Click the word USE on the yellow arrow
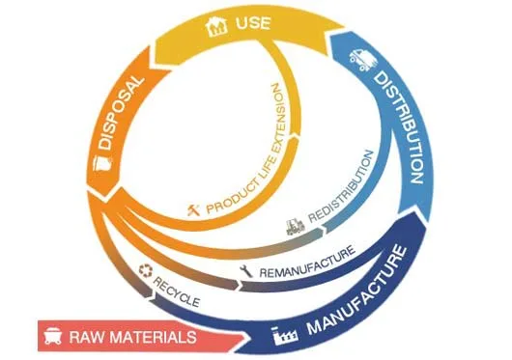click(253, 23)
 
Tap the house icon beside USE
click(216, 26)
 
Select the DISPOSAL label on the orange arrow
click(121, 113)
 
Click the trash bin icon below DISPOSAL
click(102, 163)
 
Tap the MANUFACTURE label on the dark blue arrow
click(357, 291)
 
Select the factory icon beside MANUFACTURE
click(285, 334)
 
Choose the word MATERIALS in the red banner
click(153, 337)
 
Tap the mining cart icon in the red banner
click(52, 336)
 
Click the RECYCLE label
click(177, 291)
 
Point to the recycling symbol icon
click(146, 270)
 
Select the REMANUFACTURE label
click(307, 262)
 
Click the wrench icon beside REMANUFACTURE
click(246, 271)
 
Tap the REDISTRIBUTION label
click(342, 187)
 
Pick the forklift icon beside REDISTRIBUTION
click(296, 227)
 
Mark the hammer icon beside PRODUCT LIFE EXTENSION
click(193, 209)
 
